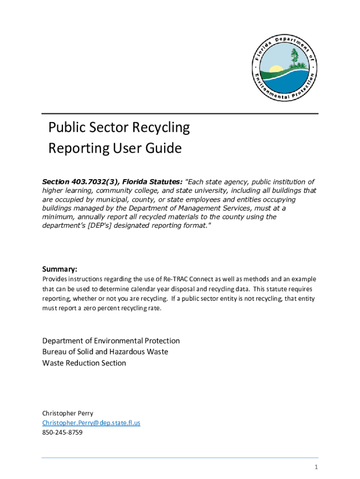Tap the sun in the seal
(276, 69)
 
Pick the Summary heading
(59, 269)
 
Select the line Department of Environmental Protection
(111, 341)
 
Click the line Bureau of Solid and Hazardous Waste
(105, 352)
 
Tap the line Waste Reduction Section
(84, 363)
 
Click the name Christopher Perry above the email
(68, 413)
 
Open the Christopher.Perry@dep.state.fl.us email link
(91, 423)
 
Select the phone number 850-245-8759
(62, 433)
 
